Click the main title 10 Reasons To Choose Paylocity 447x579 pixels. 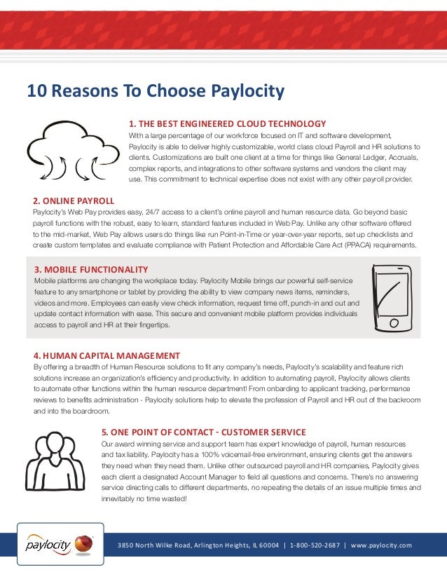(156, 91)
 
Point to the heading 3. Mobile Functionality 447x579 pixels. (90, 269)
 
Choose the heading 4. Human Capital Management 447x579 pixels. (106, 355)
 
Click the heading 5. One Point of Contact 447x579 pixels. (203, 432)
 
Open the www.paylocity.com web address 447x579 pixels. (381, 545)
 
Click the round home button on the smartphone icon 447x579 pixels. (394, 323)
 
